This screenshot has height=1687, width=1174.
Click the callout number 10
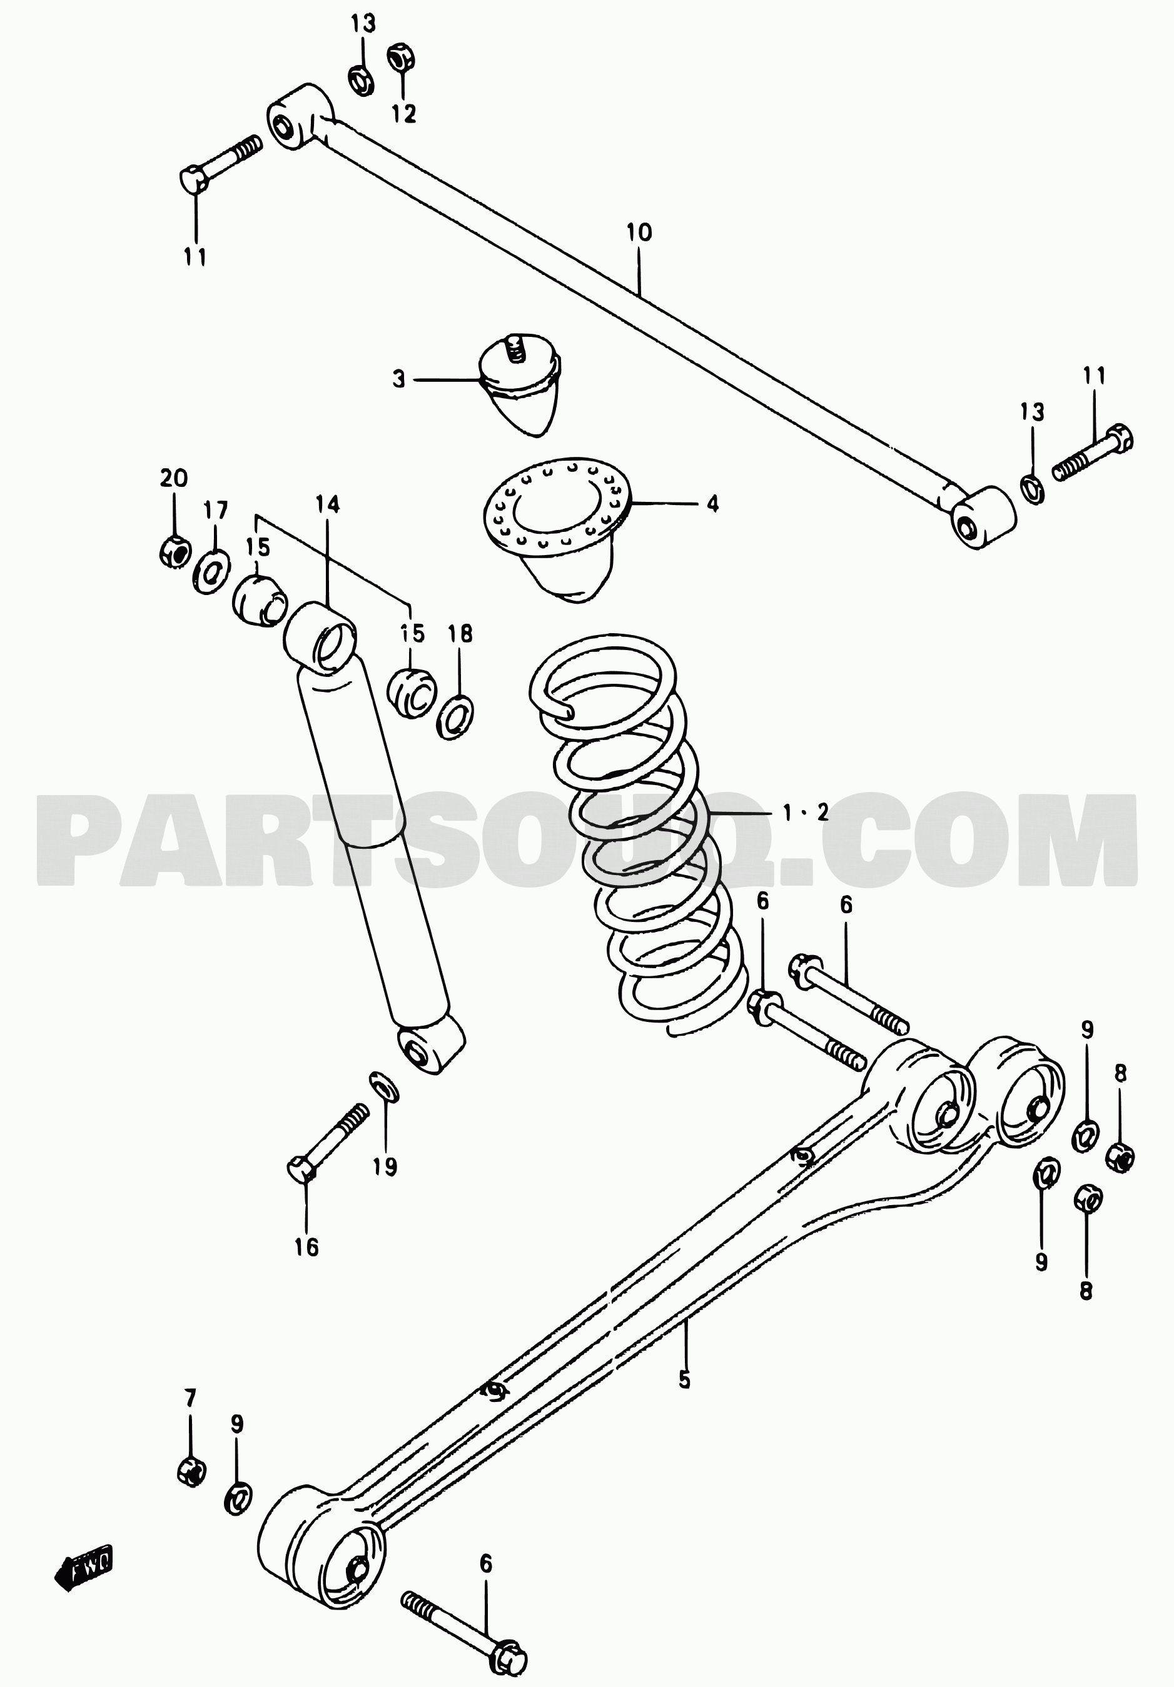[x=639, y=234]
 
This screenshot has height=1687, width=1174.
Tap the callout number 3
[x=398, y=380]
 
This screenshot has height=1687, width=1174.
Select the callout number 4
[x=712, y=504]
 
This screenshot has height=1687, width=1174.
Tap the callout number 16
[x=306, y=1247]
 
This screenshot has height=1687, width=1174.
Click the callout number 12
[x=403, y=113]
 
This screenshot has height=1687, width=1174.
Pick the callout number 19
[x=385, y=1167]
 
